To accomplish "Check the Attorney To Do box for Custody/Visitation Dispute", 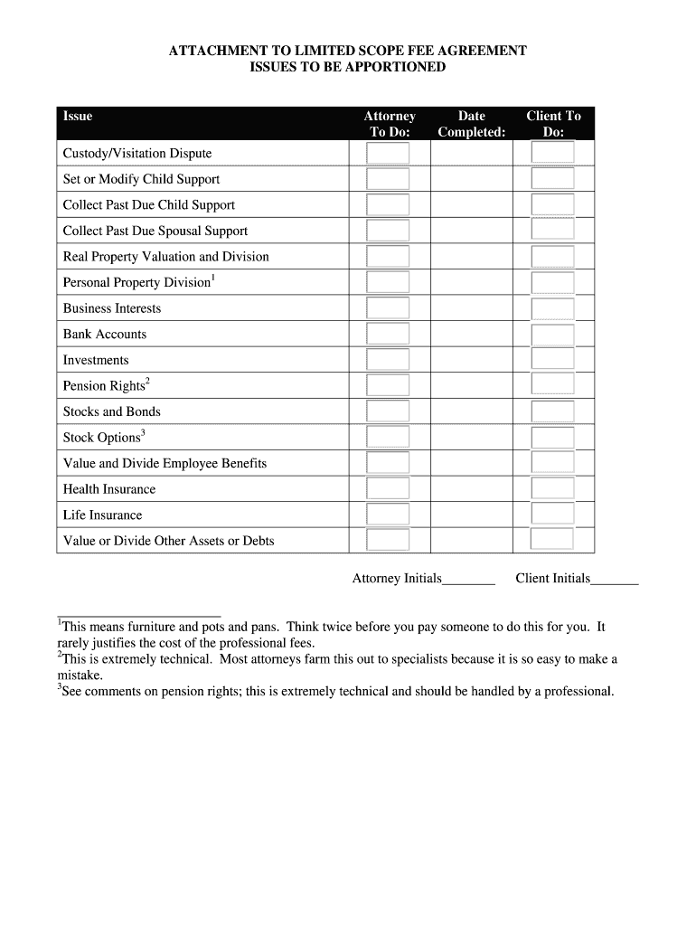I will click(x=388, y=153).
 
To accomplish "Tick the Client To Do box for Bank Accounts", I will click(x=552, y=335).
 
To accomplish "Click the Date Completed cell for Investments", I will click(x=471, y=360).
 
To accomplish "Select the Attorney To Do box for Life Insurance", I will click(x=388, y=515).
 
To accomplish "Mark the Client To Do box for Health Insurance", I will click(x=552, y=489).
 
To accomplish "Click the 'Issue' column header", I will click(x=78, y=116).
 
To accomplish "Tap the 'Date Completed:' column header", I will click(x=471, y=124).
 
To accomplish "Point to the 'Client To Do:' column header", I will click(x=553, y=124).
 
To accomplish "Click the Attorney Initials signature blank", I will click(x=468, y=580).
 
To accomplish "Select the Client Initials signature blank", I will click(x=615, y=580).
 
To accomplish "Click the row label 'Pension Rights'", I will click(x=103, y=386).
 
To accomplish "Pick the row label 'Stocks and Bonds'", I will click(x=111, y=411).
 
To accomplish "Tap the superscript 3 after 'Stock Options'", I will click(x=144, y=433).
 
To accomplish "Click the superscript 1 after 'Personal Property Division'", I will click(x=212, y=279).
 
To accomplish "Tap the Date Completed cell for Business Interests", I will click(x=471, y=308).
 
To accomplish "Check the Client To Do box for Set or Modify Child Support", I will click(x=552, y=179).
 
